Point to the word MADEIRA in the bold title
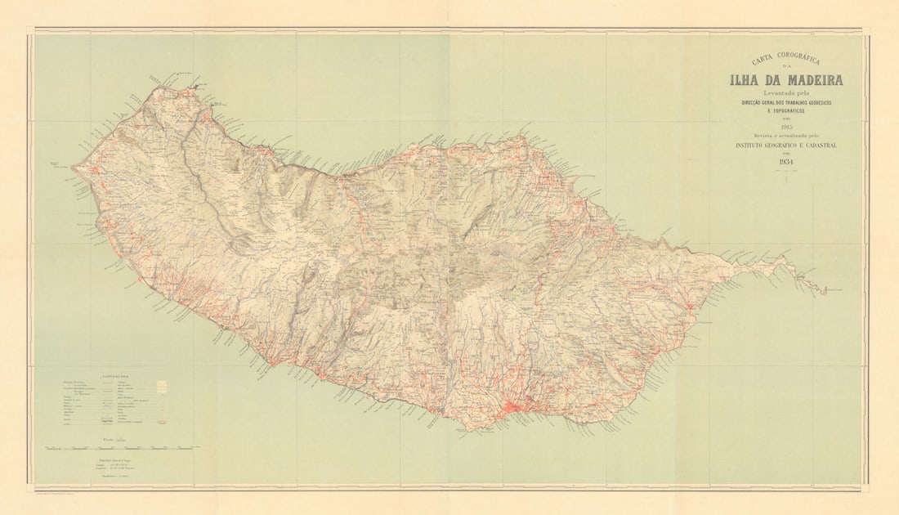[814, 80]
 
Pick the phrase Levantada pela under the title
[785, 92]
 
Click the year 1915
[785, 127]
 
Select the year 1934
[785, 162]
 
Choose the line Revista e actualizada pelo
[785, 135]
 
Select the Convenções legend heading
[114, 376]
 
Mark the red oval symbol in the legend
[161, 422]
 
